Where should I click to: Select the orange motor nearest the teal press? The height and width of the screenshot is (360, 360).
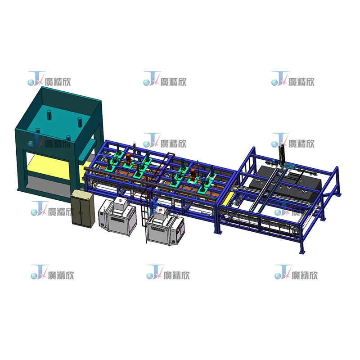[x=130, y=158]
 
